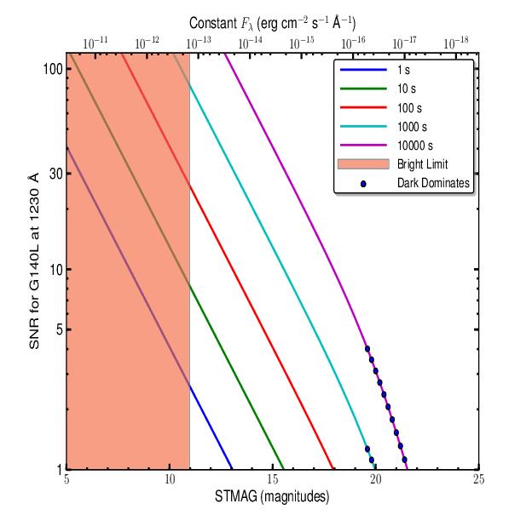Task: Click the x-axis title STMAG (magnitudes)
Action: (x=272, y=497)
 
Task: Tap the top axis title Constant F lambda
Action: (x=272, y=23)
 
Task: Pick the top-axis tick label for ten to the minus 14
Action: (x=252, y=42)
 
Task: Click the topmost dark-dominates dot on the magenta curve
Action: (x=367, y=349)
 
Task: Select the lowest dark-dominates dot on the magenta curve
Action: (x=404, y=460)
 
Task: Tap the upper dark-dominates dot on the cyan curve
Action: (x=367, y=449)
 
